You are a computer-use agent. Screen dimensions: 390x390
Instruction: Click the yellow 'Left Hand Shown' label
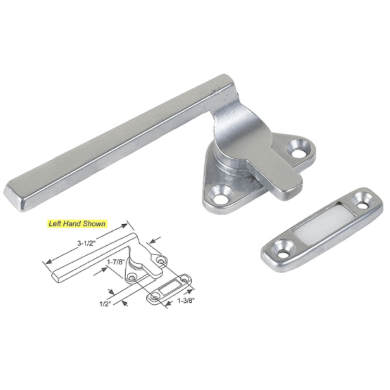[x=76, y=223]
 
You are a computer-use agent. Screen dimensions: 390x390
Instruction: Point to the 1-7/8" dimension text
[x=115, y=262]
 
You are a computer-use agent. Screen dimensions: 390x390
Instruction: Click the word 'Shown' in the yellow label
[x=94, y=223]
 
